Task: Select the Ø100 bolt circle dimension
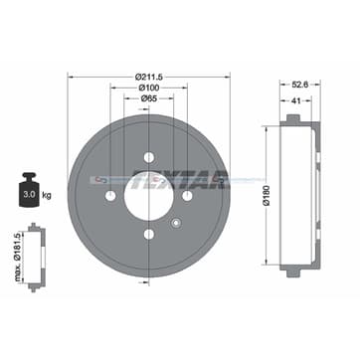[149, 88]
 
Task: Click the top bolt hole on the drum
[148, 157]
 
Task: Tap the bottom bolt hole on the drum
[148, 235]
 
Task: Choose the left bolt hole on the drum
[109, 196]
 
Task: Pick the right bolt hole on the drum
[187, 196]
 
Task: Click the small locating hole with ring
[176, 223]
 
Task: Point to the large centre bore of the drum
[148, 196]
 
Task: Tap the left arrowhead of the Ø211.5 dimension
[71, 79]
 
